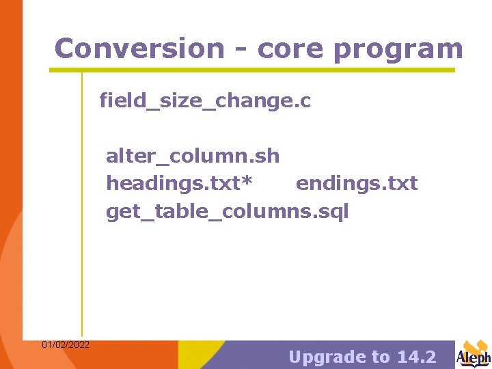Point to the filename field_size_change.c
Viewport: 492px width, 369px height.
coord(205,101)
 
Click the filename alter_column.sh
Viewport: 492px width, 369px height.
coord(193,156)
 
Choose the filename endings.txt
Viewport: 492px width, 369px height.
coord(356,184)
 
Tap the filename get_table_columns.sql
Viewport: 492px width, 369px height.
coord(227,212)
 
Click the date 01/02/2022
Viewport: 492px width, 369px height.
coord(65,344)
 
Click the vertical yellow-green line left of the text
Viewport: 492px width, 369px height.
coord(82,205)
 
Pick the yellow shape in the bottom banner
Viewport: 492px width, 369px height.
coord(205,355)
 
